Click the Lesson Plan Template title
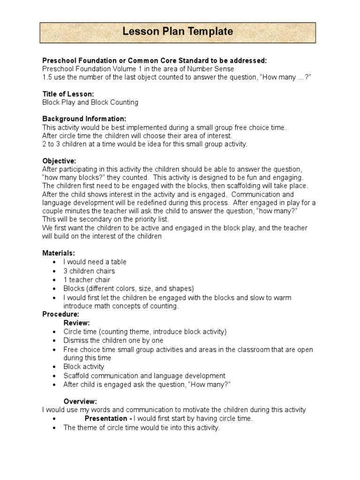point(178,31)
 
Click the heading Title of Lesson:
point(68,94)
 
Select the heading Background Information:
point(84,119)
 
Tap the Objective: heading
point(59,161)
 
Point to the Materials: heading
point(59,253)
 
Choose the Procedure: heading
point(61,314)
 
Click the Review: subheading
point(76,322)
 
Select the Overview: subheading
point(80,401)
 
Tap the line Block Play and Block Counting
point(90,102)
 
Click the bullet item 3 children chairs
point(89,271)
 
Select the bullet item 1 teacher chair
point(87,280)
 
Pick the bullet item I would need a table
point(95,262)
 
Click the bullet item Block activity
point(84,367)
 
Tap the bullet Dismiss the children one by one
point(113,340)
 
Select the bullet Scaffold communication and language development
point(144,375)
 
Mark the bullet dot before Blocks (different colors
point(56,289)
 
